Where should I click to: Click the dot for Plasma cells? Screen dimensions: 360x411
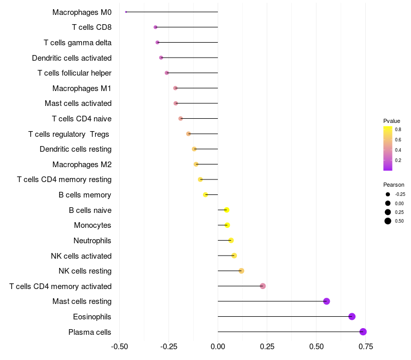click(x=363, y=332)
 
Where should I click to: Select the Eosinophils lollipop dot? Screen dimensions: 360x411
click(x=352, y=316)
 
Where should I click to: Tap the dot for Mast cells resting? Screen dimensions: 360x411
click(x=326, y=301)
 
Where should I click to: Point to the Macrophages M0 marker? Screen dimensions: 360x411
click(x=126, y=12)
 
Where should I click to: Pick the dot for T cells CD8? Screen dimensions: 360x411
click(x=156, y=27)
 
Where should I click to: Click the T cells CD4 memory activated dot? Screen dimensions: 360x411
click(x=263, y=286)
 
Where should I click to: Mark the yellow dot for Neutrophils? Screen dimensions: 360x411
click(x=231, y=240)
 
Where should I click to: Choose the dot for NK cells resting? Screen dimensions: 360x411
click(x=241, y=271)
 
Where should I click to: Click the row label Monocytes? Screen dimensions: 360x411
click(x=92, y=225)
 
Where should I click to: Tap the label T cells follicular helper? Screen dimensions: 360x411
click(x=74, y=73)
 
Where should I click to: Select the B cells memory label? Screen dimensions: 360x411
click(x=85, y=195)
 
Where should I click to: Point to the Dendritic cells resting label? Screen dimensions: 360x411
click(x=76, y=149)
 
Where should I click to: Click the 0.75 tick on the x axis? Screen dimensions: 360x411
click(x=366, y=346)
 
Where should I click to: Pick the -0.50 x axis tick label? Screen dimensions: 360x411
click(x=119, y=346)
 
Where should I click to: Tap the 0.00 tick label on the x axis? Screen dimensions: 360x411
click(x=218, y=346)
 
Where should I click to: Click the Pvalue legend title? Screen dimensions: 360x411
click(x=391, y=121)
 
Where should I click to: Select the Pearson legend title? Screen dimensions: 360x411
click(x=394, y=185)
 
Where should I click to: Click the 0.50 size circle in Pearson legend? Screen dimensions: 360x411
click(x=387, y=221)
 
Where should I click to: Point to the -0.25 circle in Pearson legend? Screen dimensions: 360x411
click(x=387, y=194)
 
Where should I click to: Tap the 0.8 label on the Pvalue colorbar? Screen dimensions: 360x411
click(x=398, y=130)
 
